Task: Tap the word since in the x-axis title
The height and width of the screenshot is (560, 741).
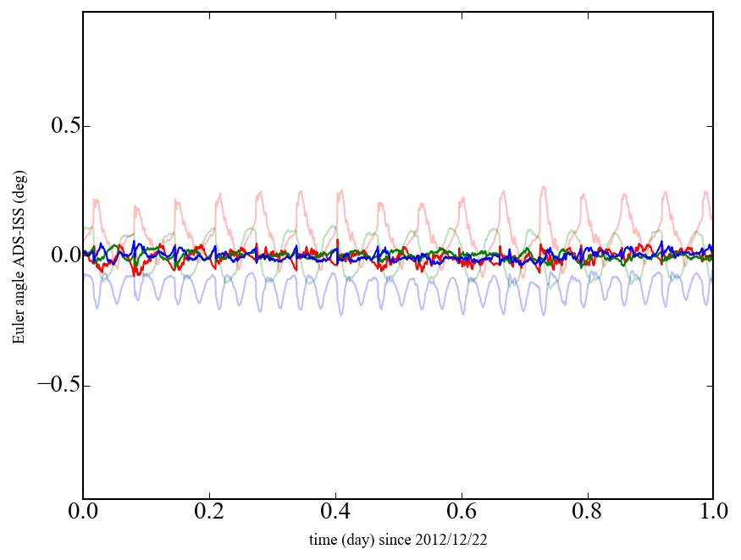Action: tap(408, 539)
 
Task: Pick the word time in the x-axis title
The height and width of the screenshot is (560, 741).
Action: tap(323, 539)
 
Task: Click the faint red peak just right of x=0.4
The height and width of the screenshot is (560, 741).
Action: tap(341, 190)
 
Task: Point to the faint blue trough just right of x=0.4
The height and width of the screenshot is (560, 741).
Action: tap(342, 314)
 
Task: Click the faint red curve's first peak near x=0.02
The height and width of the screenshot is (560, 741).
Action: tap(96, 200)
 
